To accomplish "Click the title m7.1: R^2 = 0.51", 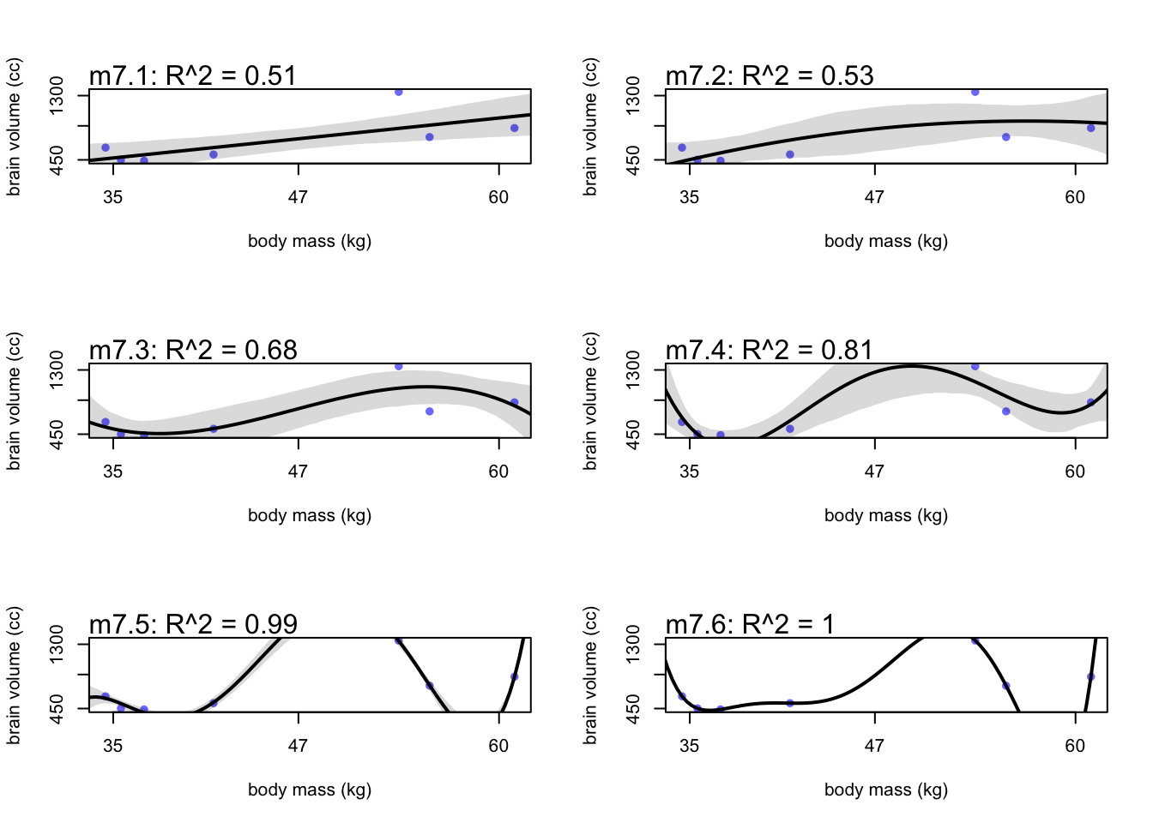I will (193, 75).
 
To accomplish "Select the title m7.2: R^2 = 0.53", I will (770, 75).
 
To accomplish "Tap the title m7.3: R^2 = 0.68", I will (193, 350).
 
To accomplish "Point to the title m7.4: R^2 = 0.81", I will (770, 350).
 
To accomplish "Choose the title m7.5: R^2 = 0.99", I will (193, 624).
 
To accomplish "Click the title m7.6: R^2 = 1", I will (750, 624).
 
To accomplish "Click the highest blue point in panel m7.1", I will (399, 92).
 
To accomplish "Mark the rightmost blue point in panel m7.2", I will (1091, 129).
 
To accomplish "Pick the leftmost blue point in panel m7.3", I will (106, 422).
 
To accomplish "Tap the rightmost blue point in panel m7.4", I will (1091, 403).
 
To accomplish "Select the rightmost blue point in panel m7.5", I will (515, 677).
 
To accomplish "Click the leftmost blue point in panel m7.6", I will (682, 696).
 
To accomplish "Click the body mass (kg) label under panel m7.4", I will (886, 515).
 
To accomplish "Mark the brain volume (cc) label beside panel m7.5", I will (14, 676).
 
